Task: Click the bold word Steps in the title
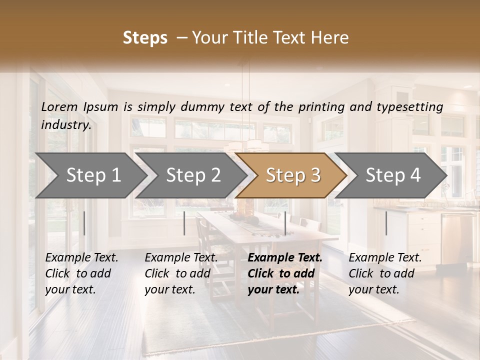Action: [x=145, y=38]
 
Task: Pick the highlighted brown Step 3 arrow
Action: [x=293, y=175]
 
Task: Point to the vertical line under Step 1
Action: [x=84, y=223]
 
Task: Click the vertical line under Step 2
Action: [x=184, y=223]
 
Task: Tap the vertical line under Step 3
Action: [x=285, y=223]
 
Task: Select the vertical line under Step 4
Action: [x=386, y=223]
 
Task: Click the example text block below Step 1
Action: [x=81, y=273]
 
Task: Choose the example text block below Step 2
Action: [x=181, y=273]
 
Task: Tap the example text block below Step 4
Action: [x=385, y=273]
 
